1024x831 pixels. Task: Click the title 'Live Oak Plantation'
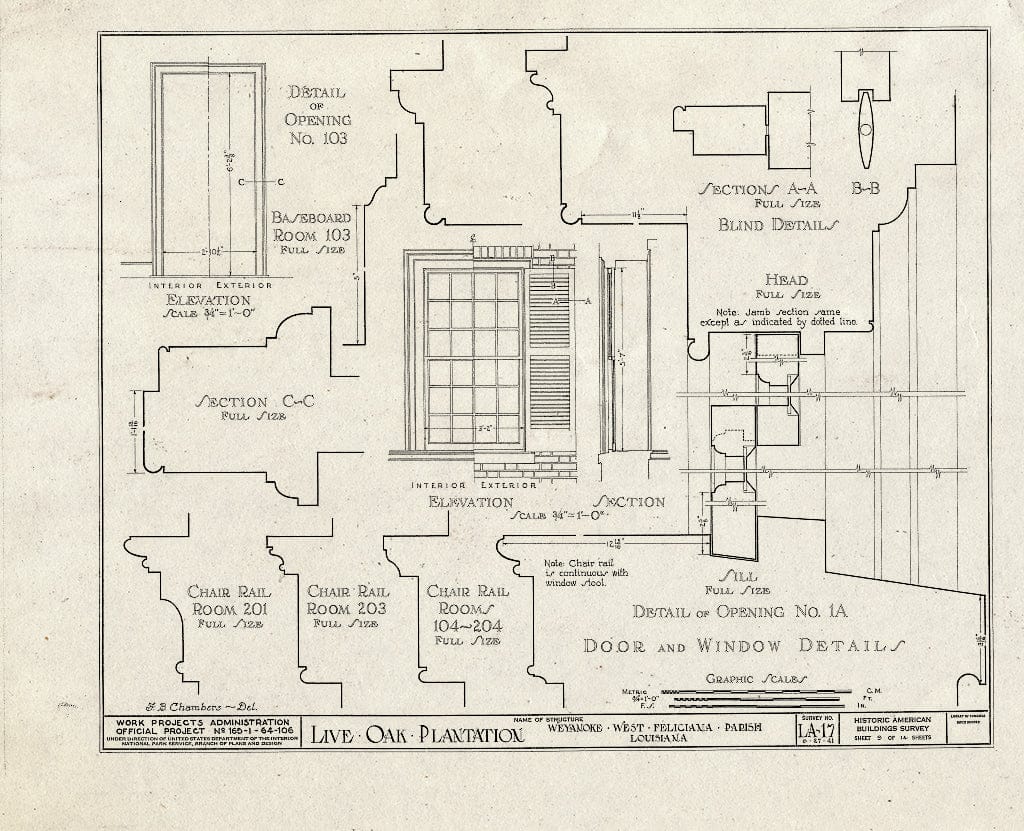(417, 736)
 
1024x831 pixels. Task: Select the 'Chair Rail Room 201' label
(229, 606)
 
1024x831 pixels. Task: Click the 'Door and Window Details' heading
(744, 645)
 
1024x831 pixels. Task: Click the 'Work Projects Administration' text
(202, 722)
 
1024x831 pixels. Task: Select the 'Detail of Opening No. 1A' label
(738, 611)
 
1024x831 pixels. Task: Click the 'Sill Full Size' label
(737, 581)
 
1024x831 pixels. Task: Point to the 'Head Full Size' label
(786, 286)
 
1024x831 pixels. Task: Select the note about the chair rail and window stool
(572, 572)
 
